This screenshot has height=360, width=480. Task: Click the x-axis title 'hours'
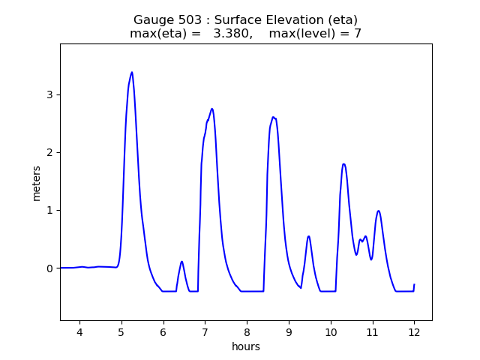click(x=246, y=347)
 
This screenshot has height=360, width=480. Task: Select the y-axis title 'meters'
click(x=36, y=182)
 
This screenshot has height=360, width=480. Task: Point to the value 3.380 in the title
click(x=241, y=34)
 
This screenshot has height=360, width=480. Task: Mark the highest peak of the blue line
click(x=132, y=73)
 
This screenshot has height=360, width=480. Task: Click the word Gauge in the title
click(x=154, y=20)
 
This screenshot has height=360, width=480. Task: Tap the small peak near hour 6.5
click(x=181, y=262)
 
